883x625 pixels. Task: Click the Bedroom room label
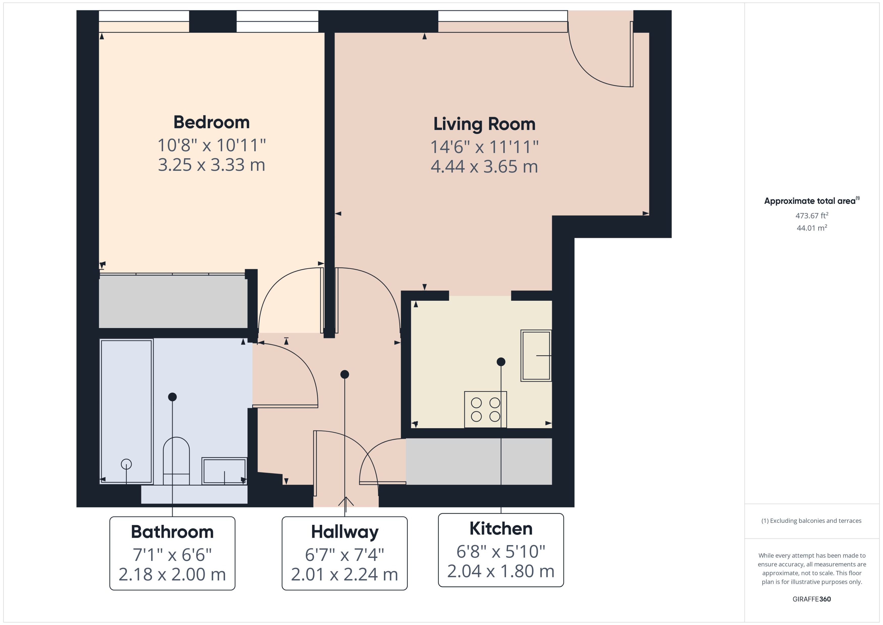211,122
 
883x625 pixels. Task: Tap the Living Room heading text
484,124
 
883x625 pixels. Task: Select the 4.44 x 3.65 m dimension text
484,167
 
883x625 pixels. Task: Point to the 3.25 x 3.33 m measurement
211,165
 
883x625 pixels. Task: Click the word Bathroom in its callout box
172,532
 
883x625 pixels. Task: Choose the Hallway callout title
344,532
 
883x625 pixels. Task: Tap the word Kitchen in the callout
501,529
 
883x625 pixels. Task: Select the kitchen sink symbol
536,356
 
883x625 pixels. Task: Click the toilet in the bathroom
176,461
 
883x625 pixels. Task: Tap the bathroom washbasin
224,471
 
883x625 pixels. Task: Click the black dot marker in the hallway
345,374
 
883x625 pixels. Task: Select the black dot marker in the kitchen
501,362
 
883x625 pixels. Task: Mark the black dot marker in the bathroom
172,397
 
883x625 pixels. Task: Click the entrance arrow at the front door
345,501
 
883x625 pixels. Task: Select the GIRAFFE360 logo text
811,599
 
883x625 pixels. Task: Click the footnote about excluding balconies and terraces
811,521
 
